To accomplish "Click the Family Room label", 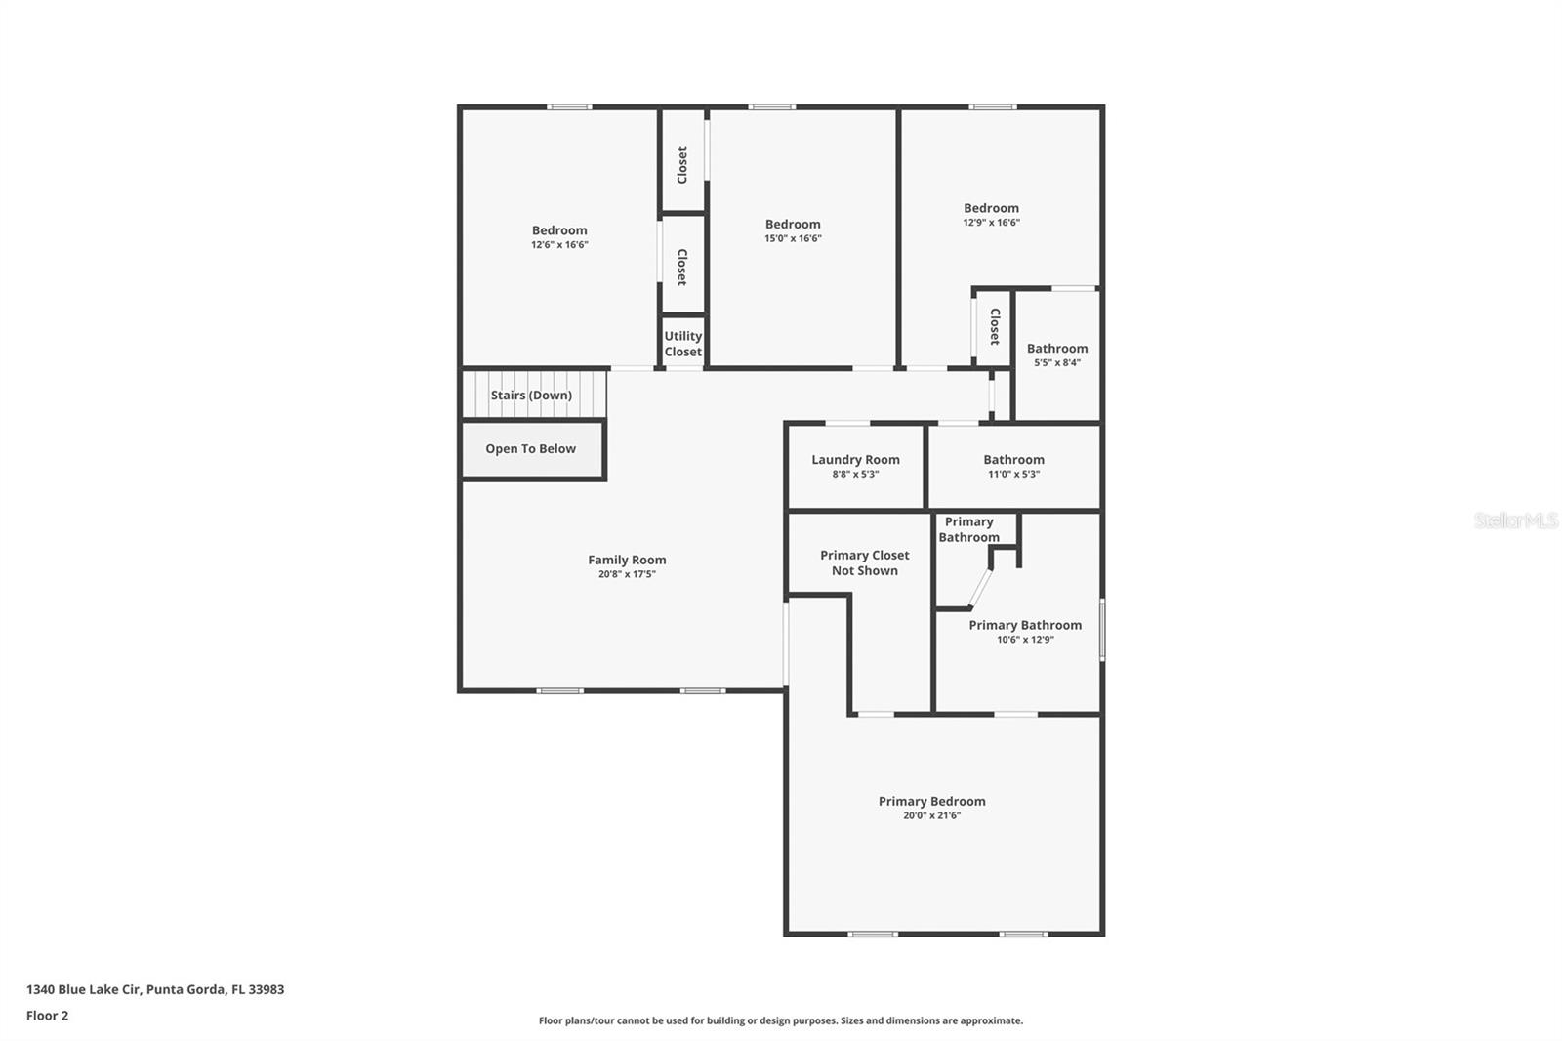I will pos(627,560).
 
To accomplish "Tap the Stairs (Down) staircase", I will pos(532,395).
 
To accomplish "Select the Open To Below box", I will pos(531,449).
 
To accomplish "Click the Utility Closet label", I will pos(683,344).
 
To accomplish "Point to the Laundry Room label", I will pos(855,460).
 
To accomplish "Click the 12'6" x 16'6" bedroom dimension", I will pos(559,245).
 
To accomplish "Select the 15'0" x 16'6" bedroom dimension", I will pos(793,238).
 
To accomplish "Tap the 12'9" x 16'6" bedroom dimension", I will pos(991,223).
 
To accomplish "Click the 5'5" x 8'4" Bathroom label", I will pos(1057,349).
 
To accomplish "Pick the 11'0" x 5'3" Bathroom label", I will pos(1013,460).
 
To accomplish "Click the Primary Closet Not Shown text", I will pos(864,562).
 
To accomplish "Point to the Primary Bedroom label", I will pos(931,802).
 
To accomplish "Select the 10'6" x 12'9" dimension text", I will pos(1025,640).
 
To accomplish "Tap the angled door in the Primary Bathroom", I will pos(980,589).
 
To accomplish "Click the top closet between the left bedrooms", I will pos(682,163).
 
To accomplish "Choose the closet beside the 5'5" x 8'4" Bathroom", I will pos(994,326).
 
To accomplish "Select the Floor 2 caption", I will pos(47,1016).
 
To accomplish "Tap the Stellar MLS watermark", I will pos(1515,520).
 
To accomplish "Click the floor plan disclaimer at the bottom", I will pos(781,1020).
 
